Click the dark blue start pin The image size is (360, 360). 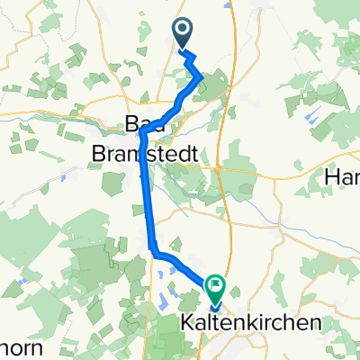[182, 33]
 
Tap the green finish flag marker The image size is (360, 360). [216, 288]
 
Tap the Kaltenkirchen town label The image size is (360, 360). [240, 322]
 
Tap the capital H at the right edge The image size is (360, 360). [333, 177]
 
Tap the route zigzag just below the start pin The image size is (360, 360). [192, 60]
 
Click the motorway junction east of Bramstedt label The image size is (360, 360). [220, 166]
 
